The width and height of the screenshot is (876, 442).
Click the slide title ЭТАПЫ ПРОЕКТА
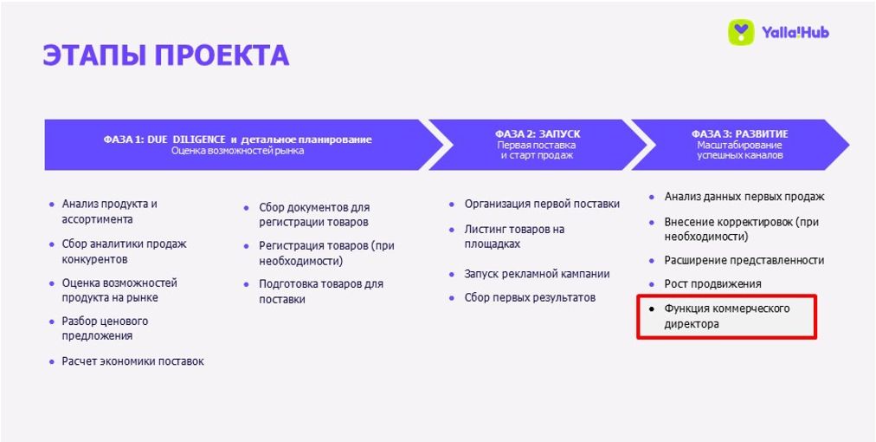[x=166, y=55]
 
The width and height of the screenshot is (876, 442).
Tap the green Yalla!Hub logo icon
[x=741, y=32]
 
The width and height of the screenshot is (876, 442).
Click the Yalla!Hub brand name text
[x=795, y=32]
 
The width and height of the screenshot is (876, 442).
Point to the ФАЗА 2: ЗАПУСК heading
[x=537, y=134]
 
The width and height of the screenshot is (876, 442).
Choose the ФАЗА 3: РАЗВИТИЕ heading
[x=740, y=134]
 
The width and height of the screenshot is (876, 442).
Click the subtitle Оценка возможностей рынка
[x=237, y=151]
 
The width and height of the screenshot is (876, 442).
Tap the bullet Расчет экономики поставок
[x=133, y=361]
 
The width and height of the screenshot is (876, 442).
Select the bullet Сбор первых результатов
[x=530, y=297]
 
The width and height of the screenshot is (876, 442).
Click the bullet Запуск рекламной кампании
[x=537, y=274]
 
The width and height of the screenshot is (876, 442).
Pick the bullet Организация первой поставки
[x=542, y=205]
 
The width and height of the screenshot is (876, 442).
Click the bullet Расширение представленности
[x=744, y=260]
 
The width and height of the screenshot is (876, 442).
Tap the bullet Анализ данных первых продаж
[x=744, y=197]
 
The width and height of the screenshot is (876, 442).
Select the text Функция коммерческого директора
[x=727, y=316]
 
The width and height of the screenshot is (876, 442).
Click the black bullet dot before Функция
[x=652, y=309]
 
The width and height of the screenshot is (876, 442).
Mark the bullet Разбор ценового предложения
[x=105, y=329]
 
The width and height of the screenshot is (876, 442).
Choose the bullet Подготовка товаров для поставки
[x=320, y=291]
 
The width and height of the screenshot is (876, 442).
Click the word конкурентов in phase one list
[x=95, y=260]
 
